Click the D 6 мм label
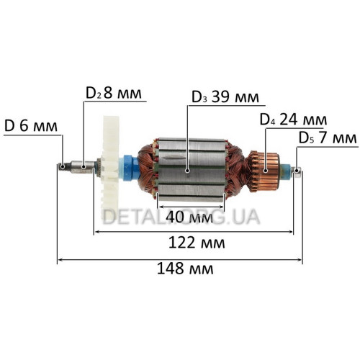pyautogui.click(x=31, y=126)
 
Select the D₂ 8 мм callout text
pyautogui.click(x=114, y=93)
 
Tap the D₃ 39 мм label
pyautogui.click(x=225, y=97)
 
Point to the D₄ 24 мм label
pyautogui.click(x=293, y=120)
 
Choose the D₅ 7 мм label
pyautogui.click(x=328, y=138)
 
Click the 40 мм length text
pyautogui.click(x=189, y=217)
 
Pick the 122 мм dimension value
pyautogui.click(x=197, y=243)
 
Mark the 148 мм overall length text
pyautogui.click(x=185, y=269)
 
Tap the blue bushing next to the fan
pyautogui.click(x=130, y=168)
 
